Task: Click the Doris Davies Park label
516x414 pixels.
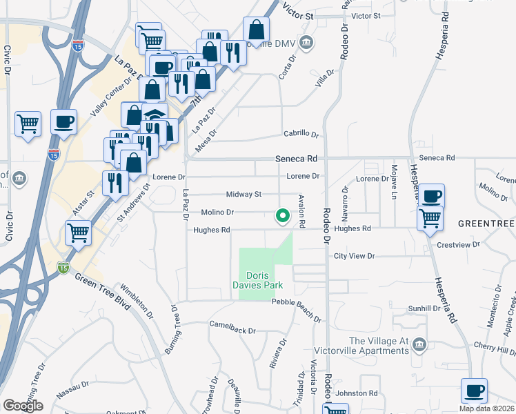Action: pyautogui.click(x=266, y=279)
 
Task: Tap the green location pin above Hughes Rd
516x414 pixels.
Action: pyautogui.click(x=282, y=216)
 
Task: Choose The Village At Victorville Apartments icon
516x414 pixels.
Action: pyautogui.click(x=418, y=343)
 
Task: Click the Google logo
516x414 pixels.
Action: pyautogui.click(x=22, y=406)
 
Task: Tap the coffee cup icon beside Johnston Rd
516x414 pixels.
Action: pyautogui.click(x=474, y=391)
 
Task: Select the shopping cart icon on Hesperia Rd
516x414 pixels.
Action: pyautogui.click(x=430, y=218)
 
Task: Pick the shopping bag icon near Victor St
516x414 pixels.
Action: pyautogui.click(x=256, y=30)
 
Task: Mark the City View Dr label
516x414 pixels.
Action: pyautogui.click(x=354, y=256)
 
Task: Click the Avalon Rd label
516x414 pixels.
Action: pyautogui.click(x=301, y=211)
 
